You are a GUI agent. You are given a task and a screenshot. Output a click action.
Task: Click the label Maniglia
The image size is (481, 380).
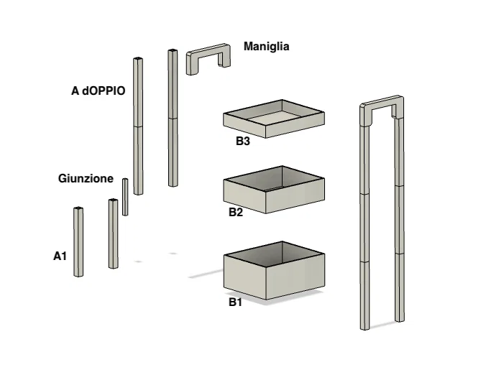[x=266, y=47]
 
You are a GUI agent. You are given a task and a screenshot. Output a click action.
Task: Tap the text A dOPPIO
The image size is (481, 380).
[x=98, y=91]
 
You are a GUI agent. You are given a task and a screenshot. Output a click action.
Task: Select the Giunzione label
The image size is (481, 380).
[x=86, y=179]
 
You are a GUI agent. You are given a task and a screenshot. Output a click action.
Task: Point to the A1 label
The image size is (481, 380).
[x=60, y=256]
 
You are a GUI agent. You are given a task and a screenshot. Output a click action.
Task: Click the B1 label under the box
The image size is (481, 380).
[x=235, y=302]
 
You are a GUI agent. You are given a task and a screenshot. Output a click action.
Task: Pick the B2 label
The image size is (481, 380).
[x=236, y=213]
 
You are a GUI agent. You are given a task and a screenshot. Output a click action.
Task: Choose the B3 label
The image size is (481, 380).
[x=242, y=142]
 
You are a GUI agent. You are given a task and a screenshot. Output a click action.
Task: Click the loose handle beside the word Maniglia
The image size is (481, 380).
[x=209, y=57]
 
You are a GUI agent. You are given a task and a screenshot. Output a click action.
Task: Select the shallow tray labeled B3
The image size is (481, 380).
[x=274, y=119]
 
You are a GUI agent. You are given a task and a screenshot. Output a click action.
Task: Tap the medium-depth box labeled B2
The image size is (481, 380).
[x=273, y=191]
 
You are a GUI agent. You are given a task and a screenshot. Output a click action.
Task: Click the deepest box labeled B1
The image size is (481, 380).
[x=273, y=273]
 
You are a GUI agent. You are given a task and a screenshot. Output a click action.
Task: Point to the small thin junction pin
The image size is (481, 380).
[x=125, y=197]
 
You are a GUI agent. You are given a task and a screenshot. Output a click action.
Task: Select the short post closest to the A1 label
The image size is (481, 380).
[x=78, y=242]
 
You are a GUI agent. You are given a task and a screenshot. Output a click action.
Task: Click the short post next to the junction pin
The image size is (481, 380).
[x=113, y=234]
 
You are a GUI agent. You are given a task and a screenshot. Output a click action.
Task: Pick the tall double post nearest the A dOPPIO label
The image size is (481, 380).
[x=138, y=126]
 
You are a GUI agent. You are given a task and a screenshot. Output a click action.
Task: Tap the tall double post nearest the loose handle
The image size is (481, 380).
[x=173, y=119]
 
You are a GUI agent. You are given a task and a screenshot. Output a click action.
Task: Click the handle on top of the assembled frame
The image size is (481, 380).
[x=381, y=108]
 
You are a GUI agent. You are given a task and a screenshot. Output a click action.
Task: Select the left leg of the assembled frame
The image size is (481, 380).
[x=365, y=230]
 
